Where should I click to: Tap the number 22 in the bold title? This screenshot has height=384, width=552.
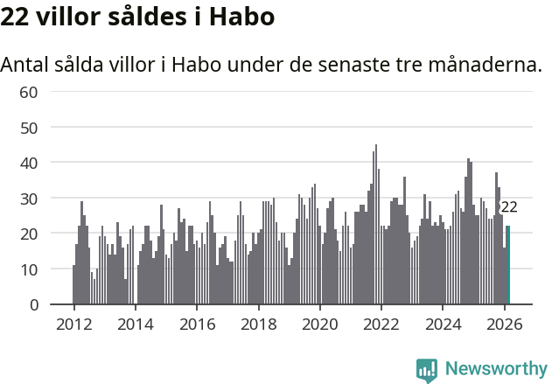point(16,17)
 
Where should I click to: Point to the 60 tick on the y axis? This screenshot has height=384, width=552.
point(28,92)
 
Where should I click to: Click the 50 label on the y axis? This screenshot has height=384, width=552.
point(28,128)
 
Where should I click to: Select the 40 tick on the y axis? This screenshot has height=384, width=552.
point(28,163)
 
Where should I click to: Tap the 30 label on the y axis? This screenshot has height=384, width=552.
point(28,199)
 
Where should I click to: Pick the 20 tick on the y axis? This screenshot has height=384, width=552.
point(28,234)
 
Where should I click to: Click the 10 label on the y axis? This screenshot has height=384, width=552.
point(28,269)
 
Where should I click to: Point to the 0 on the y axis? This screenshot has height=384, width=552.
point(33,304)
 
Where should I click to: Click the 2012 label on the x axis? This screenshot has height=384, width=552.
point(73,324)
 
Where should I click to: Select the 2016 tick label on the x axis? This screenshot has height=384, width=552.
point(197,324)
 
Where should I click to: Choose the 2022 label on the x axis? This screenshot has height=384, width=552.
point(381,324)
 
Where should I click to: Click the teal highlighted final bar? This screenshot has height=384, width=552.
point(508,266)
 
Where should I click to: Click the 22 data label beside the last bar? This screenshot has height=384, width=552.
point(508,207)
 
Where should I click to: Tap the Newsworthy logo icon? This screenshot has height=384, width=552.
point(427,370)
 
